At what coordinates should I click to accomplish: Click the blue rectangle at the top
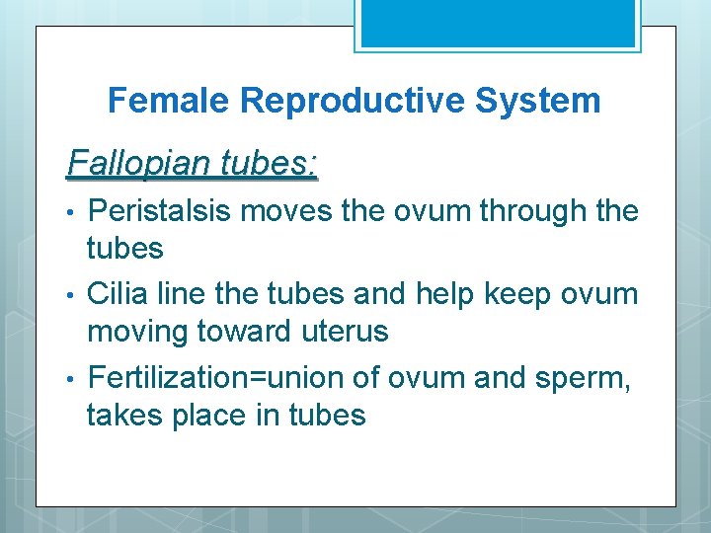[x=496, y=23]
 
